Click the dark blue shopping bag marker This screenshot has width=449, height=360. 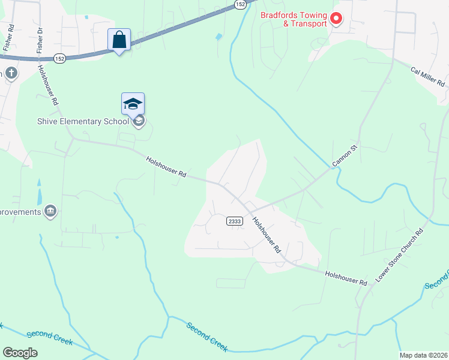tap(119, 40)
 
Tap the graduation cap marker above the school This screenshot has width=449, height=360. tap(133, 103)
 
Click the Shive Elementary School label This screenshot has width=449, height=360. tap(82, 122)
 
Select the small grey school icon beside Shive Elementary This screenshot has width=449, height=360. tap(139, 122)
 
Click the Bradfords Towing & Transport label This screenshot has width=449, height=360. tap(294, 19)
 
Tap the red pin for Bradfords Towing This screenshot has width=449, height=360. tap(336, 19)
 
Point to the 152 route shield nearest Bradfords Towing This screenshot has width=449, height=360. tap(240, 4)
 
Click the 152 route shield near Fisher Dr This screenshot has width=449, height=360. tap(59, 58)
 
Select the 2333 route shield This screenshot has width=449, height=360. tap(235, 221)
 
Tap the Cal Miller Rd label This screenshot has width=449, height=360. tap(428, 77)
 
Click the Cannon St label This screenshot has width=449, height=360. tap(345, 155)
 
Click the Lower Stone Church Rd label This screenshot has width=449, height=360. tap(400, 256)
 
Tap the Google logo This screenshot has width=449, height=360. tap(20, 353)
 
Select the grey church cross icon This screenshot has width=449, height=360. tap(11, 74)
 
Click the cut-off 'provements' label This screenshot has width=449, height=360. tap(21, 212)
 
